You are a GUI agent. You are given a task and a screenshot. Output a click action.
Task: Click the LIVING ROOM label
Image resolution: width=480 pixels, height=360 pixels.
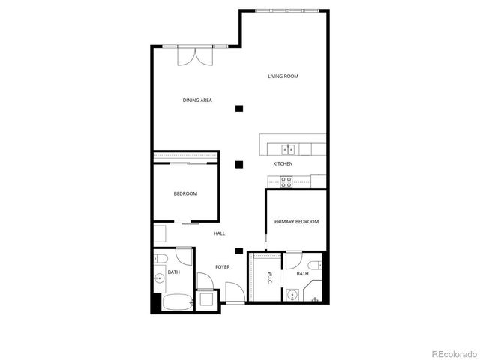click(283, 76)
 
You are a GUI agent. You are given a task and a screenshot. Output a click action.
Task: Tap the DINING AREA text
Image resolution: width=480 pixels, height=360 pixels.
click(196, 100)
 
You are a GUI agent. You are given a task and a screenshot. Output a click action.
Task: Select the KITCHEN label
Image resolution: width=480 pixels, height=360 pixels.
click(283, 163)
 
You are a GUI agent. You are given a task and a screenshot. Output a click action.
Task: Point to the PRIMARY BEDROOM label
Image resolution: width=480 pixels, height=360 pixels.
click(296, 221)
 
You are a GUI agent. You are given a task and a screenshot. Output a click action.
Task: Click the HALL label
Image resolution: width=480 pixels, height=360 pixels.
click(219, 233)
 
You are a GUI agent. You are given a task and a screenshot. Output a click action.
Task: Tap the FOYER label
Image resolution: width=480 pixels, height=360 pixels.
click(223, 266)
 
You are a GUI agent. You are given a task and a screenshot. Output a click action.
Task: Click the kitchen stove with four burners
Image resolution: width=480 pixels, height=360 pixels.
click(286, 180)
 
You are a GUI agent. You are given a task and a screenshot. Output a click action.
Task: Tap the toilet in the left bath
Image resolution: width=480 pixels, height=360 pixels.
click(160, 260)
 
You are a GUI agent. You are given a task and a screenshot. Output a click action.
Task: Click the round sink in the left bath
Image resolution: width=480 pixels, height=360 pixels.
click(159, 280)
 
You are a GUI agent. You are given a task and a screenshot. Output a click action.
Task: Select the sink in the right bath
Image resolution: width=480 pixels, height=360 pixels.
click(292, 295)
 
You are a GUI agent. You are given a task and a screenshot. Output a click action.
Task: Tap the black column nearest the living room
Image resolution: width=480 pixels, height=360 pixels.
click(239, 109)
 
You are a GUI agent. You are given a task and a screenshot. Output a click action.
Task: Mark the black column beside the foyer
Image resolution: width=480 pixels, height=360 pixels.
click(239, 251)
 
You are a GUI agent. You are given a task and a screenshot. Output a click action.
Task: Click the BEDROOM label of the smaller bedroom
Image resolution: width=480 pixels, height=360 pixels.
click(185, 194)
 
